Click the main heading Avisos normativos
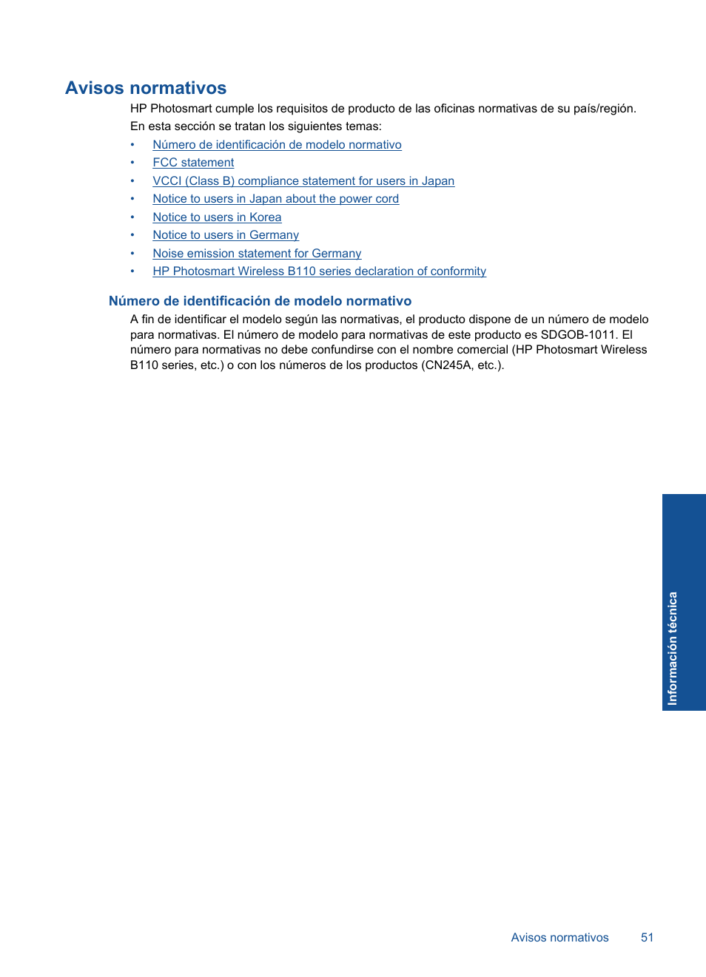pos(146,88)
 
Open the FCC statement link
pos(193,163)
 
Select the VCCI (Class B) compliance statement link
pos(303,181)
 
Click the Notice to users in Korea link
pos(217,217)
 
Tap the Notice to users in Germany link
pos(226,235)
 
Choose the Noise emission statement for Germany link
pos(257,254)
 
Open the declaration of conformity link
pos(319,271)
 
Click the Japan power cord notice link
pos(275,199)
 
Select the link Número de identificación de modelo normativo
pos(277,145)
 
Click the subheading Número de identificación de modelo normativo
pos(260,301)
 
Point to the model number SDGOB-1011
pos(578,335)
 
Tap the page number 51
pos(647,938)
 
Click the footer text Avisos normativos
pos(559,938)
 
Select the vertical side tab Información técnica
pos(673,648)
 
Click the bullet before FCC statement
pos(132,163)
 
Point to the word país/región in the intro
pos(604,109)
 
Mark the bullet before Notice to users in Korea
pos(132,217)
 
